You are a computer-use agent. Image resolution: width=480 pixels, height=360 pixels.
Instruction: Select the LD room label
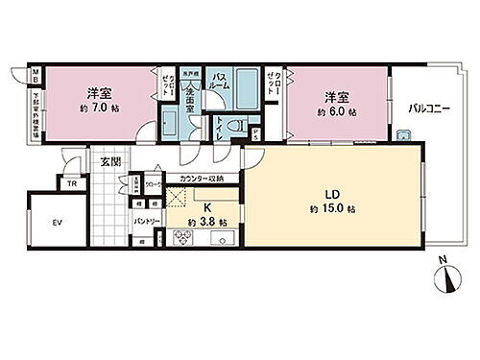coord(330,191)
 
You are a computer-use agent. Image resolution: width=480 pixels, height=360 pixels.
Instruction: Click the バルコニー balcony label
coord(426,108)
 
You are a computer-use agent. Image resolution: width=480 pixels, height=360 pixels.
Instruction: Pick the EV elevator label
coord(57,223)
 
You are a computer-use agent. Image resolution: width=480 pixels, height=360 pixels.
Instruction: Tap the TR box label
coord(73,184)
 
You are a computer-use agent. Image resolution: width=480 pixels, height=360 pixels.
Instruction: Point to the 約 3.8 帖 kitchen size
coord(209,223)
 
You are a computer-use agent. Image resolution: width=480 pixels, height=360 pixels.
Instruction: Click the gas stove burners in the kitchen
coord(181,239)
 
